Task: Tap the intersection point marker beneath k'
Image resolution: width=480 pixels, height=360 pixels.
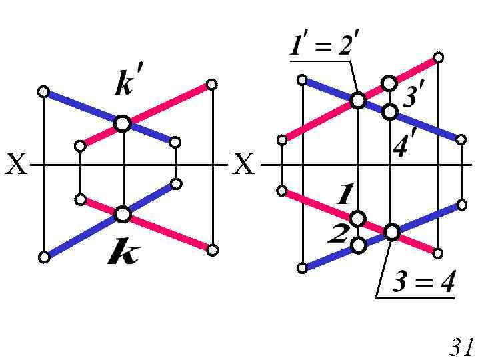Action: point(122,123)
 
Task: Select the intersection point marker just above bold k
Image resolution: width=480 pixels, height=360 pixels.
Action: point(122,214)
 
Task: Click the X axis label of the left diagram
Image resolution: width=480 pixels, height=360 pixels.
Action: point(15,164)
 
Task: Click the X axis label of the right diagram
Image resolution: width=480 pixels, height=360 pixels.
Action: point(245,164)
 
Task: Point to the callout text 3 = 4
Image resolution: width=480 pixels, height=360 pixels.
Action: point(423,284)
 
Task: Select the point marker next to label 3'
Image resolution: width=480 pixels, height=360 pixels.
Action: point(389,83)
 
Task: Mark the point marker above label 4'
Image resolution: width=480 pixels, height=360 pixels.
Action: point(390,111)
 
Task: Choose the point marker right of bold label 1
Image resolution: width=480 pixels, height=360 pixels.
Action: point(358,218)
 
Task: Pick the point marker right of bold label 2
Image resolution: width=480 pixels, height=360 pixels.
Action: point(359,245)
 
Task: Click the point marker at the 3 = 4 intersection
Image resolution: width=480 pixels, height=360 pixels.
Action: point(391,232)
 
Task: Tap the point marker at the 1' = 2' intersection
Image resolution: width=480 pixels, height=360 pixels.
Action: point(358,100)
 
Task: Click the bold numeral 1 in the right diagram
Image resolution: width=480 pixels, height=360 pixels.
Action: point(345,195)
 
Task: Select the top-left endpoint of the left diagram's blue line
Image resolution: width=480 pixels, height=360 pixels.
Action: point(44,92)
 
